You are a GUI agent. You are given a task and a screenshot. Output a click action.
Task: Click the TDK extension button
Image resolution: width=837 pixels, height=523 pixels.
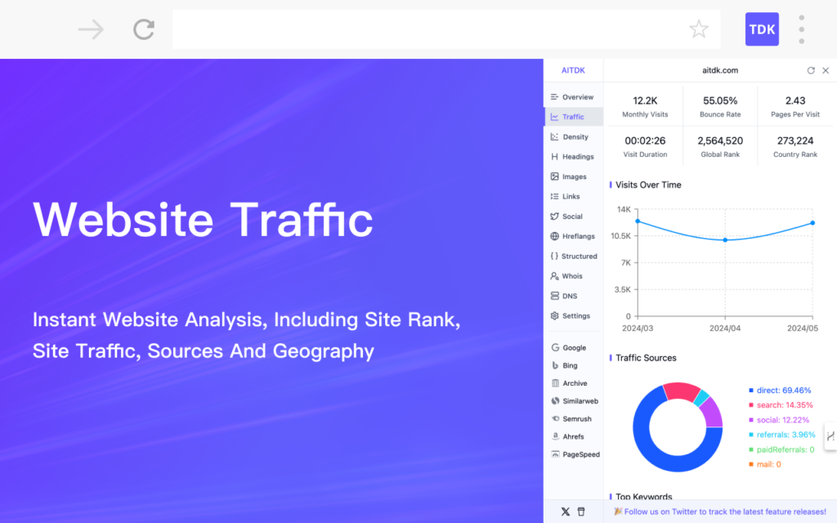tap(762, 29)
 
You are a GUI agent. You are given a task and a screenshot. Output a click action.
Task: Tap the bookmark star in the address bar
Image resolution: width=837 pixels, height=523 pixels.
tap(699, 29)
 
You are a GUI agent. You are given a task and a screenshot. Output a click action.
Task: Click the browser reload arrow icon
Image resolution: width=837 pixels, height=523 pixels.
tap(144, 29)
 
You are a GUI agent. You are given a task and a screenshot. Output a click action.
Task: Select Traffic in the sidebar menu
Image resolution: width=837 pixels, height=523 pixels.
tap(573, 117)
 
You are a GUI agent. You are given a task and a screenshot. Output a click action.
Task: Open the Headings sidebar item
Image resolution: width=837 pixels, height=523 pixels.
tap(573, 157)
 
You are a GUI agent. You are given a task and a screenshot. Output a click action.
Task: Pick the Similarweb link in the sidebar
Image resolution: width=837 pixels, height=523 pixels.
tap(575, 401)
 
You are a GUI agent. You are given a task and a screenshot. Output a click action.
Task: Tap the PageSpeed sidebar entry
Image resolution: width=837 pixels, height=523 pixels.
tap(575, 454)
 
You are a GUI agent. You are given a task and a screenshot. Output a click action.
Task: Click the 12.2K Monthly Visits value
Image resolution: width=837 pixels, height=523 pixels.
tap(645, 101)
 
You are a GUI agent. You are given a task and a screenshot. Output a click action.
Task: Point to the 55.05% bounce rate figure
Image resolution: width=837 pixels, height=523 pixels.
tap(720, 101)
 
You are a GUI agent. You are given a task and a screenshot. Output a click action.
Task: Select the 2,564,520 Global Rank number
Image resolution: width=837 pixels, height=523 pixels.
tap(720, 141)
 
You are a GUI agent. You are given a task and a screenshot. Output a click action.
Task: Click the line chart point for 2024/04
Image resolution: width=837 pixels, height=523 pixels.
tap(725, 240)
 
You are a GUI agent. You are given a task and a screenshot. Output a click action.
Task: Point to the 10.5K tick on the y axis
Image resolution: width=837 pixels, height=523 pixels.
tap(621, 236)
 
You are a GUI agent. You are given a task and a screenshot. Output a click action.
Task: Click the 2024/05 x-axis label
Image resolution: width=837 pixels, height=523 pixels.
tap(803, 329)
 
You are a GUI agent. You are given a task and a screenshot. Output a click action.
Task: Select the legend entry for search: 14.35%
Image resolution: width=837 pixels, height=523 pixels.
tap(781, 405)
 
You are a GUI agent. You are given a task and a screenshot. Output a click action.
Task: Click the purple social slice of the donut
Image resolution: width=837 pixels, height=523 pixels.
tap(713, 412)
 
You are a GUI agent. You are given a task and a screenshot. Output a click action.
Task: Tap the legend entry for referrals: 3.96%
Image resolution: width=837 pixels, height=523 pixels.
tap(782, 435)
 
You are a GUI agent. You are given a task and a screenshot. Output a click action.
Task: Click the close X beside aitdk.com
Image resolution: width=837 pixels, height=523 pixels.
tap(826, 70)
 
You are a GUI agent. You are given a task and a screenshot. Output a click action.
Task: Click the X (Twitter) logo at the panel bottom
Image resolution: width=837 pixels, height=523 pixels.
tap(566, 512)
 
